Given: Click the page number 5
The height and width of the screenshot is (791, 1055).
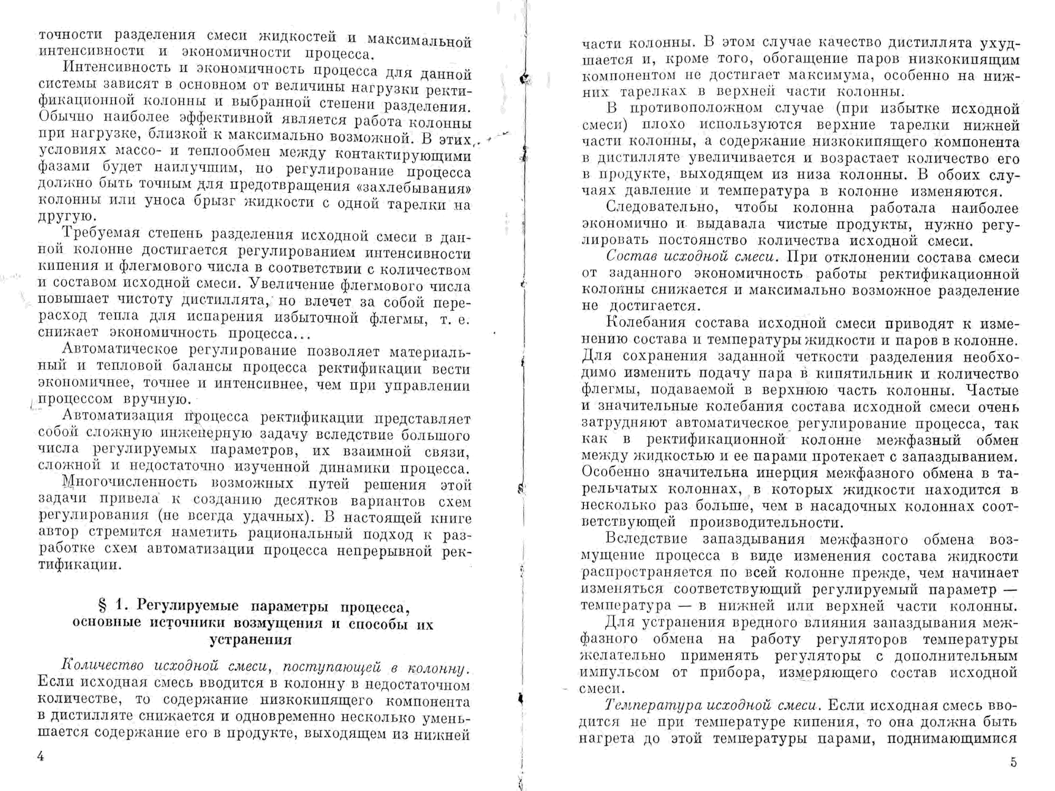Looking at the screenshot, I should (1013, 762).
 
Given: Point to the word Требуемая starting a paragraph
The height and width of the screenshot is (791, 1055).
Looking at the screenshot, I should (101, 234).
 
